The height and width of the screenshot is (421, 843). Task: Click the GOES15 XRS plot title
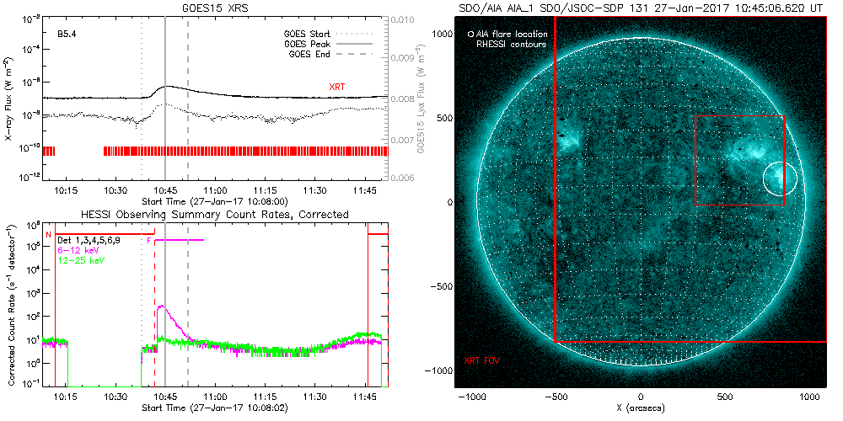[217, 8]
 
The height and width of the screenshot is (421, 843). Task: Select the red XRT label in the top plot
[336, 87]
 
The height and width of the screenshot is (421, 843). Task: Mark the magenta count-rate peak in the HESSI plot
[161, 307]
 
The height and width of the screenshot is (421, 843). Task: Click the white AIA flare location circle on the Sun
[780, 179]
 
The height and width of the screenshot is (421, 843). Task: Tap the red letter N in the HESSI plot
[49, 234]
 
